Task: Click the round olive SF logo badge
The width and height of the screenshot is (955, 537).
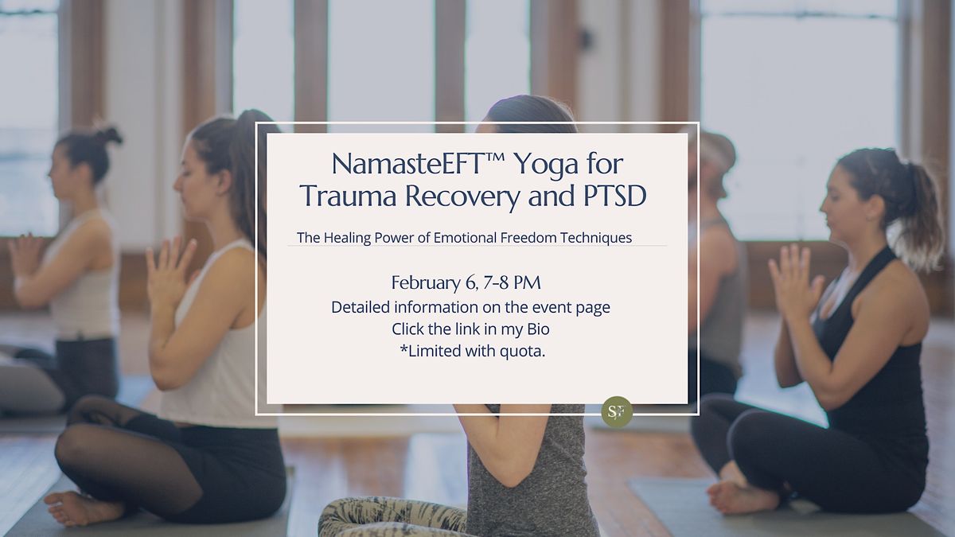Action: point(617,411)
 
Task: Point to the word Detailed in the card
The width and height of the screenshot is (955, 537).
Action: point(360,307)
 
